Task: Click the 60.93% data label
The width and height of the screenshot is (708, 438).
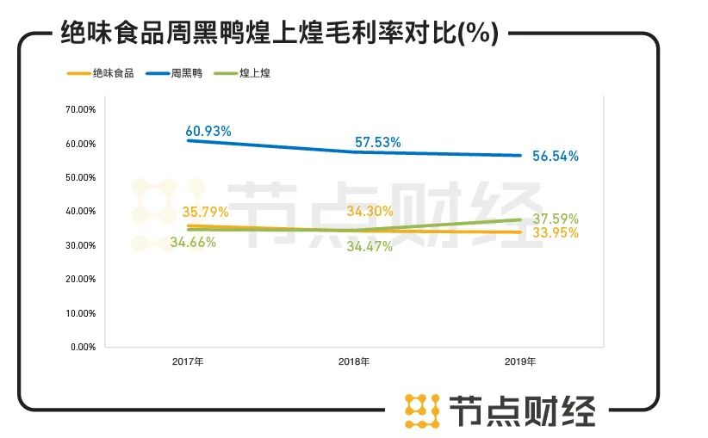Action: click(x=208, y=132)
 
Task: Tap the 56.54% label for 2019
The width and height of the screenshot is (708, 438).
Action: click(x=555, y=157)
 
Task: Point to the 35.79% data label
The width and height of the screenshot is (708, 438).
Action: click(x=204, y=211)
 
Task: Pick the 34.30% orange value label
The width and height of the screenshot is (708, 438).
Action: click(x=370, y=211)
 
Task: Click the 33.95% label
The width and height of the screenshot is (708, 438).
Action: click(x=555, y=233)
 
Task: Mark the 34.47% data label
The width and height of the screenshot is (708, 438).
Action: click(x=369, y=247)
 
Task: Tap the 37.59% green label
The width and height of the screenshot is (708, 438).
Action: click(x=555, y=219)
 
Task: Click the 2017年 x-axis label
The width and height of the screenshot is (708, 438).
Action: click(x=188, y=361)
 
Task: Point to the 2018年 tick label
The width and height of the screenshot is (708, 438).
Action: click(x=354, y=361)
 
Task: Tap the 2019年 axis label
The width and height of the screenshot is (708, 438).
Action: click(x=521, y=361)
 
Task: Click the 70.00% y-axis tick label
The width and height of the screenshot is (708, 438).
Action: click(x=79, y=110)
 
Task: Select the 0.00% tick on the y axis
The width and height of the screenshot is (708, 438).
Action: click(x=82, y=347)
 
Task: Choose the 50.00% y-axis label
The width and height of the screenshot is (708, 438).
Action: click(x=79, y=178)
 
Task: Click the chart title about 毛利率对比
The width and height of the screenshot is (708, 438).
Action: click(x=281, y=34)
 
